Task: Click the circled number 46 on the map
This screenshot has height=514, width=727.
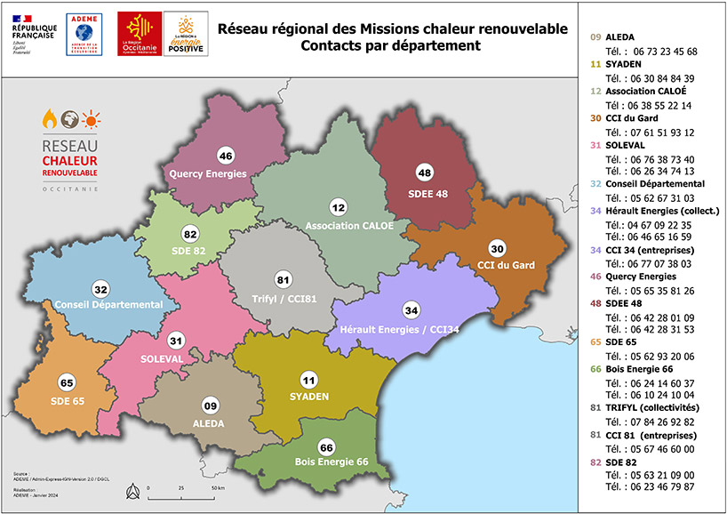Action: click(225, 155)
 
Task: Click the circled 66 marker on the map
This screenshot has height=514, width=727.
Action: click(326, 446)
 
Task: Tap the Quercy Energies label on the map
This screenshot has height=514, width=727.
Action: click(208, 173)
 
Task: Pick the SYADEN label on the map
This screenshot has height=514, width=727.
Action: click(309, 396)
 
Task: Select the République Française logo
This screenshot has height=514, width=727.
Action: click(33, 33)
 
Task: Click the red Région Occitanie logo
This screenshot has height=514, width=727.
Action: click(140, 33)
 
